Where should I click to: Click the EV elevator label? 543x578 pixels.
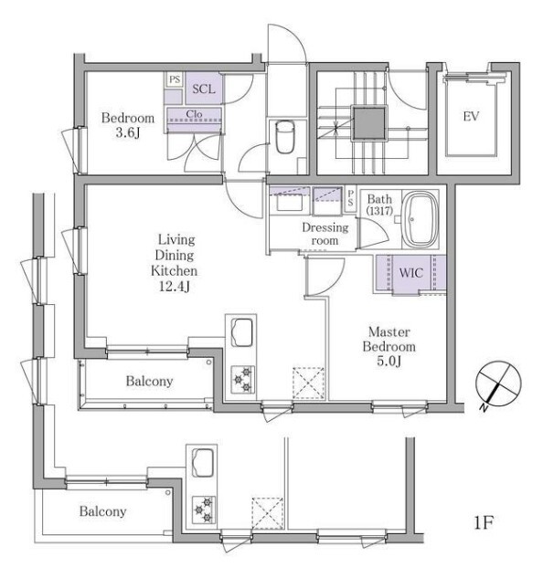click(x=471, y=117)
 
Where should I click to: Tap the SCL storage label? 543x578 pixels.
click(x=203, y=89)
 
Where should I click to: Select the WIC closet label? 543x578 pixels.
click(x=410, y=273)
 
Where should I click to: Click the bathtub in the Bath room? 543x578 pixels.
click(x=420, y=219)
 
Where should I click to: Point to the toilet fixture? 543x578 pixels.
click(x=285, y=137)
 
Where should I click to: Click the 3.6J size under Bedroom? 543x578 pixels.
click(x=128, y=132)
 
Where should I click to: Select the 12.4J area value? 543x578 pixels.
click(x=174, y=287)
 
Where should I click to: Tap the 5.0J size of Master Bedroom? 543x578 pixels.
click(x=389, y=362)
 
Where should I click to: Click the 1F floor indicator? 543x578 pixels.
click(x=484, y=522)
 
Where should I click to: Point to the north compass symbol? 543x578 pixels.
click(x=498, y=384)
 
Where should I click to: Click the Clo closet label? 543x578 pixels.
click(x=194, y=114)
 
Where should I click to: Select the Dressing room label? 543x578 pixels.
click(x=325, y=234)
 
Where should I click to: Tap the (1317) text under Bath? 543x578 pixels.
click(x=380, y=211)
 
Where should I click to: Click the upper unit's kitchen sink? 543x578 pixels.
click(x=241, y=332)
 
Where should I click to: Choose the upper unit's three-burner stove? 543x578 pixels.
click(x=243, y=380)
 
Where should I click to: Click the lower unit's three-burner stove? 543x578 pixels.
click(x=204, y=510)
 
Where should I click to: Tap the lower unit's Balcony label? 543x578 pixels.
click(x=102, y=511)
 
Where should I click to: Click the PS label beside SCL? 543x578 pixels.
click(x=175, y=79)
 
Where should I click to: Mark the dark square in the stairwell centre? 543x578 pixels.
click(x=369, y=123)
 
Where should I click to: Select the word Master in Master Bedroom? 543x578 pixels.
click(x=389, y=332)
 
